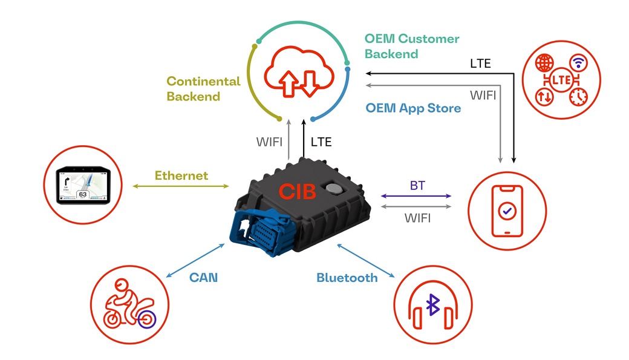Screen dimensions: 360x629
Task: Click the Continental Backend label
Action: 203,88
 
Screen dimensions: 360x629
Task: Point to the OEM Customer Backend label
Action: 411,46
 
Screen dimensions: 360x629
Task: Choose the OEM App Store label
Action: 413,108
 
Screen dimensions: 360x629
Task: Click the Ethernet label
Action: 181,175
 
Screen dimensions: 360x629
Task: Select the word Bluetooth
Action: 347,278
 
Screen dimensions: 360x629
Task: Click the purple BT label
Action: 417,186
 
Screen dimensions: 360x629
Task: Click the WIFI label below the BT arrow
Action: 417,218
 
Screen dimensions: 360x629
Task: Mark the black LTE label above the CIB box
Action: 321,142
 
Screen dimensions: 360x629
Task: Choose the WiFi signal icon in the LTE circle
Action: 578,63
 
